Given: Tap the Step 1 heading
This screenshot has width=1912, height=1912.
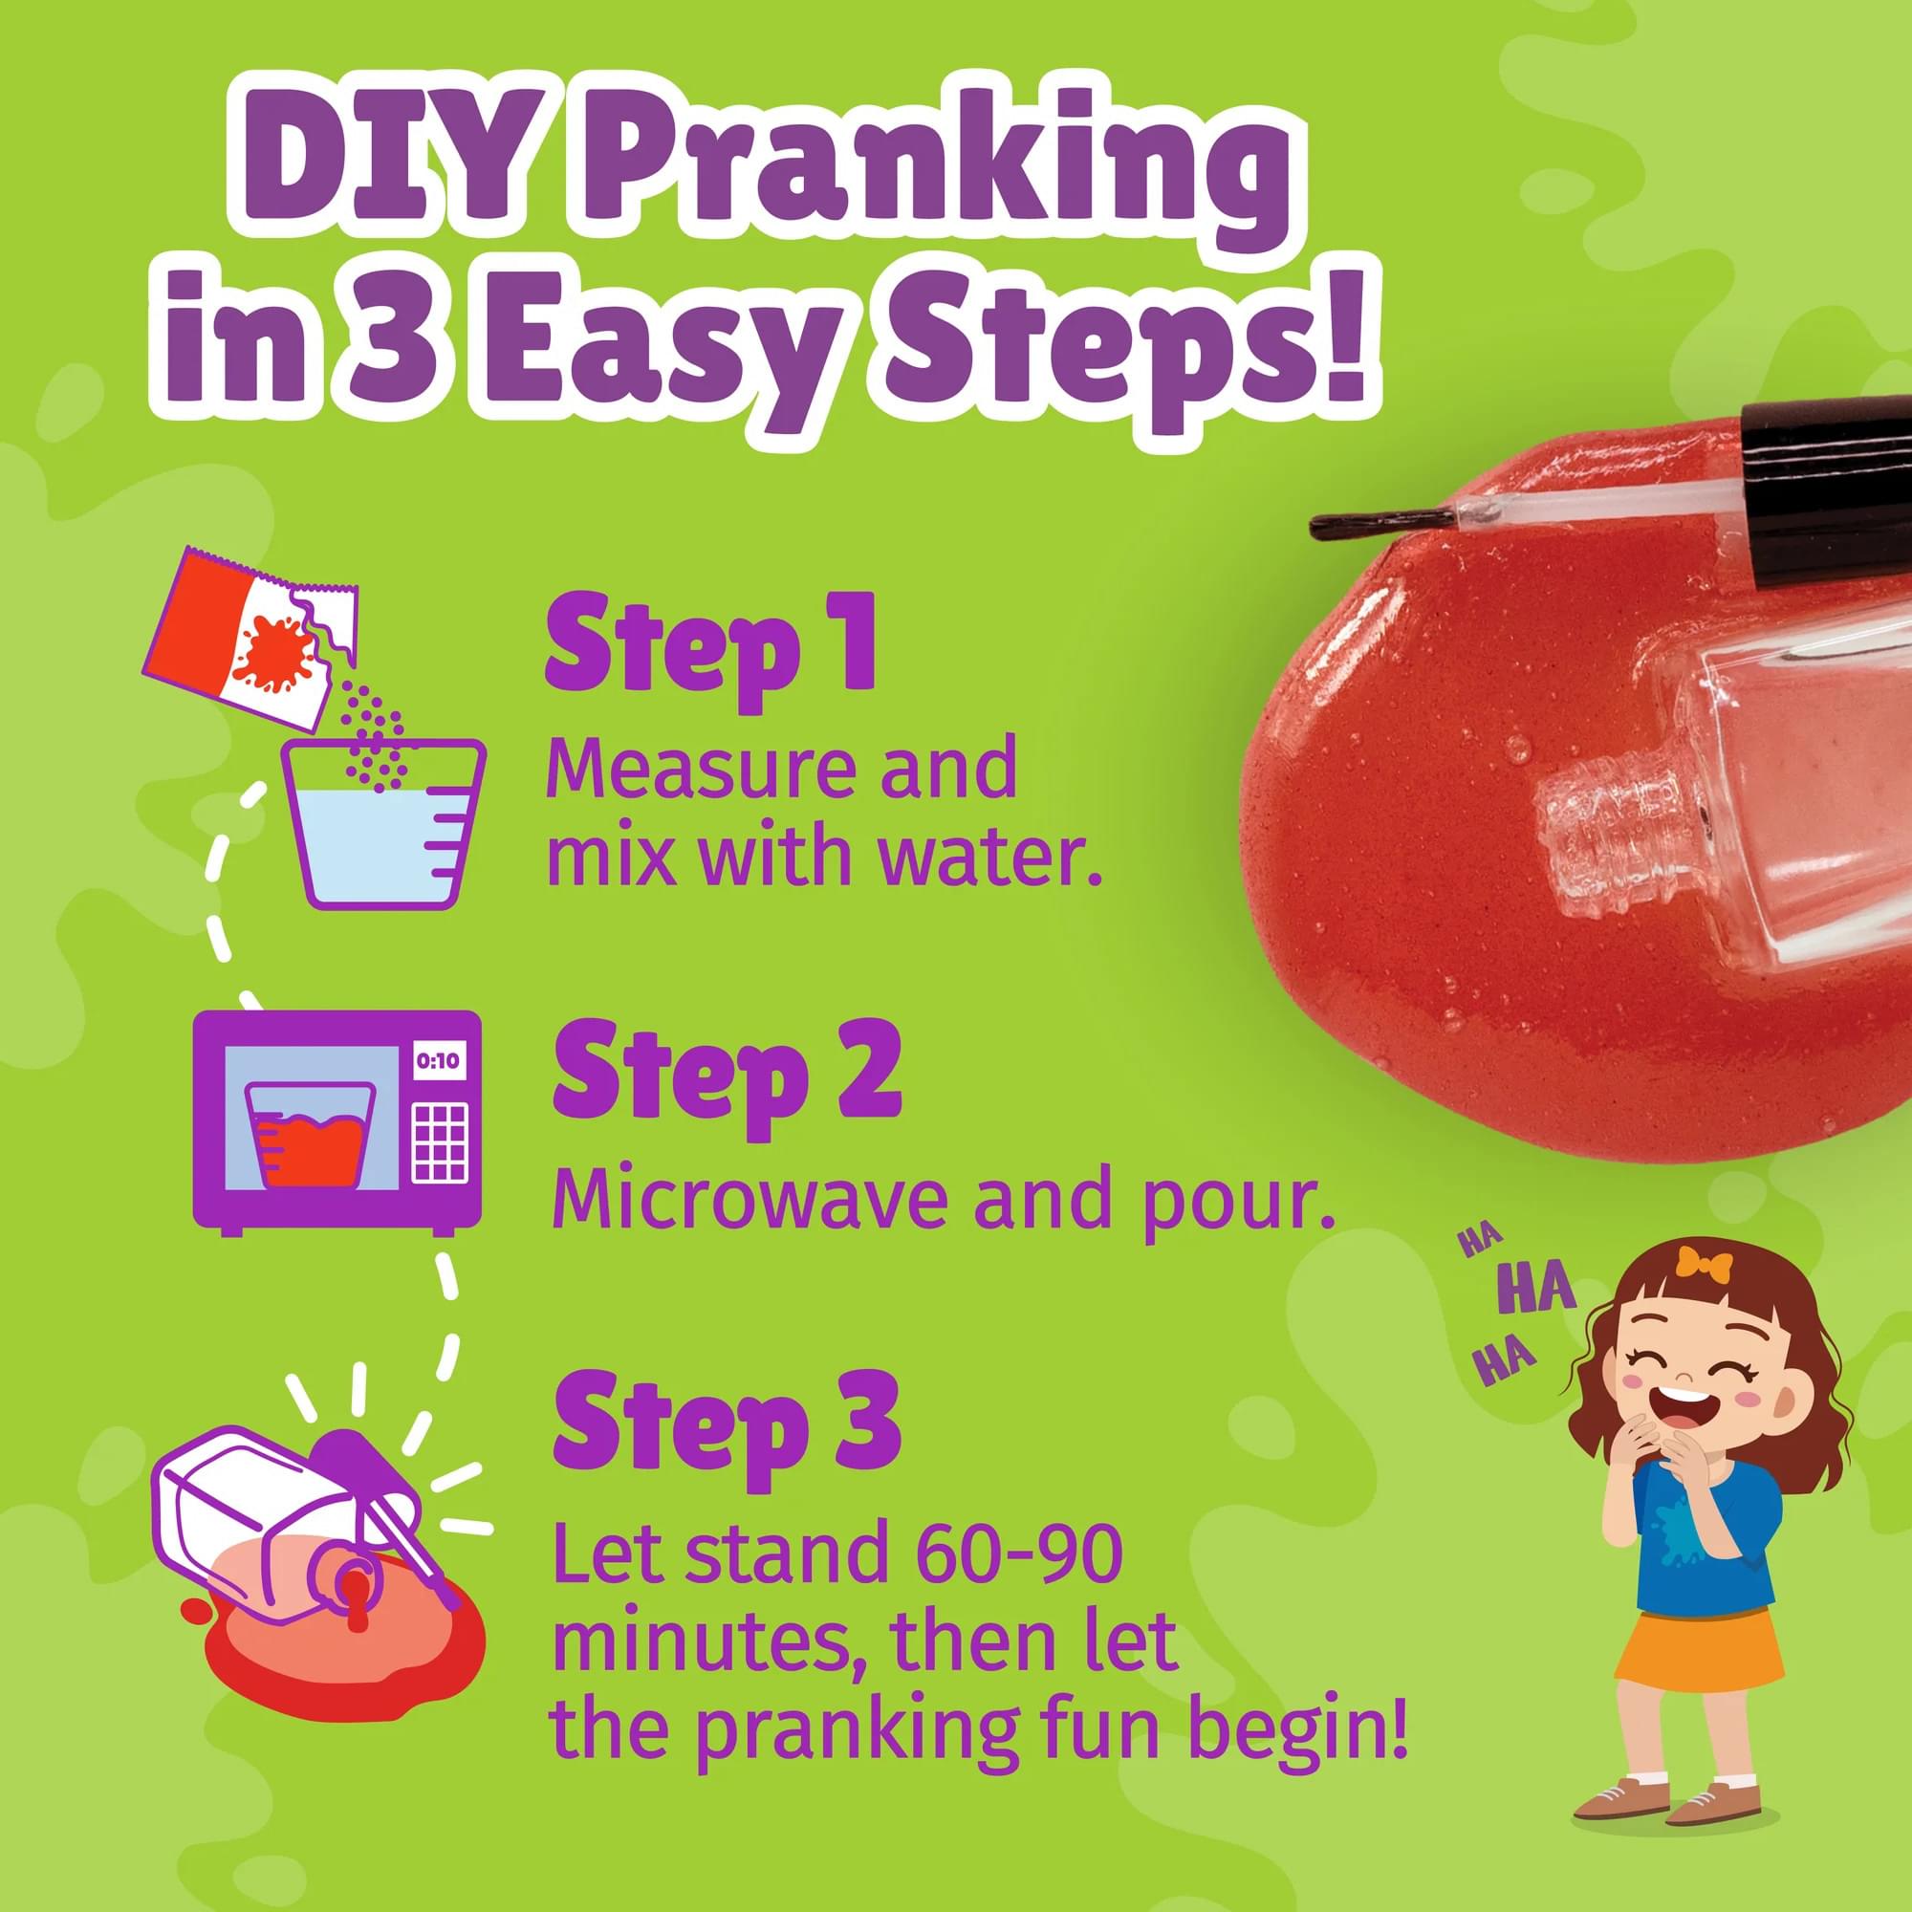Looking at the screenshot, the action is point(709,643).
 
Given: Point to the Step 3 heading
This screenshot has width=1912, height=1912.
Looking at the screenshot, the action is point(727,1422).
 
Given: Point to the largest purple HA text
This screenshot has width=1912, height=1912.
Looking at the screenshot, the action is point(1536,1290).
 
